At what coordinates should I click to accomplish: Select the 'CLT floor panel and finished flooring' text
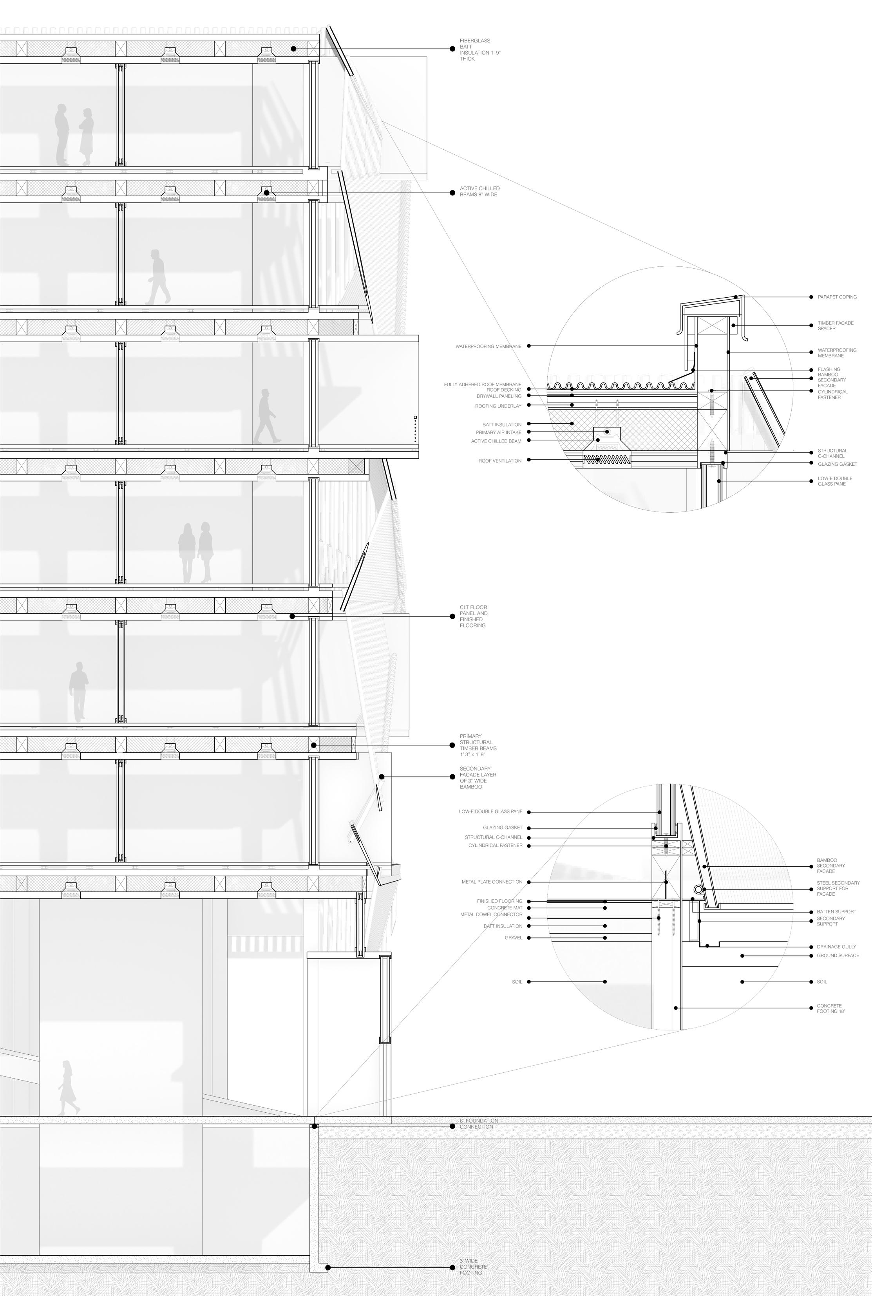[473, 616]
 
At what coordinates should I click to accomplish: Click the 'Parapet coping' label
[836, 297]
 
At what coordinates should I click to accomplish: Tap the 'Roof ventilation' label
[500, 460]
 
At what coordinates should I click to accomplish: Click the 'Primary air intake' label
[498, 432]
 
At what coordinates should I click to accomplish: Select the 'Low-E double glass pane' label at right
[834, 481]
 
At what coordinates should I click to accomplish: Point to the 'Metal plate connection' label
[492, 882]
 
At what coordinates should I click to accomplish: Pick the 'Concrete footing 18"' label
[830, 1009]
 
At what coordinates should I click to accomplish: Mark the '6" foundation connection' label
[478, 1124]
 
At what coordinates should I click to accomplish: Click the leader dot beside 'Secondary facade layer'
[382, 777]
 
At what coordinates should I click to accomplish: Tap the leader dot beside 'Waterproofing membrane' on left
[528, 346]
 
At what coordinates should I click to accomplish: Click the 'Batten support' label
[836, 912]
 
